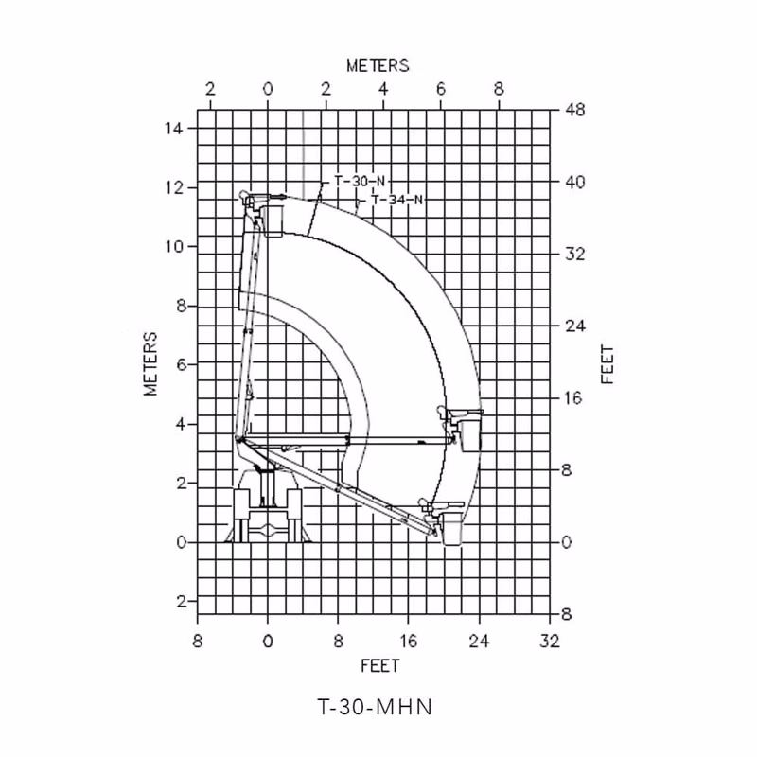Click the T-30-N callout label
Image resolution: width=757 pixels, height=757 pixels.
coord(360,182)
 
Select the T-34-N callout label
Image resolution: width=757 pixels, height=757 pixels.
coord(396,200)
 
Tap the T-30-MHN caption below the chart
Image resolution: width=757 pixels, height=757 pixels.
coord(375,707)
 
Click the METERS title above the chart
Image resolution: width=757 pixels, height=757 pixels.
coord(378,65)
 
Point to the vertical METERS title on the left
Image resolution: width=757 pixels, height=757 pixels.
coord(150,363)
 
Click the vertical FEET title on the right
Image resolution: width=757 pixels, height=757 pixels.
coord(607,364)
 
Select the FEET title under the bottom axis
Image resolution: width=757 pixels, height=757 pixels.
coord(380,666)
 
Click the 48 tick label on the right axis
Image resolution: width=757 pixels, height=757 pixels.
coord(574,110)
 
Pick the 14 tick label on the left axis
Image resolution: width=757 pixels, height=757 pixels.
coord(174,129)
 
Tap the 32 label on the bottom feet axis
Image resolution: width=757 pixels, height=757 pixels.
coord(550,642)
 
